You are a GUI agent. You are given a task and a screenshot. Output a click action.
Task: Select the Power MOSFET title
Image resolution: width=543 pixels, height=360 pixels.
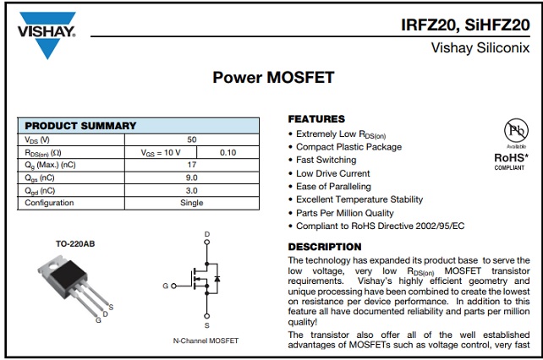pos(273,78)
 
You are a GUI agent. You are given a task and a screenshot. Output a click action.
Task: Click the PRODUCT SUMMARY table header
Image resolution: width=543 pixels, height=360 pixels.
pos(80,126)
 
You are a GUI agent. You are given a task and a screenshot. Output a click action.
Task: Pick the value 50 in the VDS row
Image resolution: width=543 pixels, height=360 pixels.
pos(192,139)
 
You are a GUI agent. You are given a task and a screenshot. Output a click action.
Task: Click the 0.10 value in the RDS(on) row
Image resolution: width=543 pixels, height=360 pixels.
pos(228,152)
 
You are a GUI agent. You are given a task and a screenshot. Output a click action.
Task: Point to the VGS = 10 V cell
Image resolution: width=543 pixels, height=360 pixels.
pos(161,152)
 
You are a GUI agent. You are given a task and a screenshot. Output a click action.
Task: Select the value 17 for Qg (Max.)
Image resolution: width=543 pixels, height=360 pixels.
pos(192,165)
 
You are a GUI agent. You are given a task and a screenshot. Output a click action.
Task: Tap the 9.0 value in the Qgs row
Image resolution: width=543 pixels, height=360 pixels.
pos(192,177)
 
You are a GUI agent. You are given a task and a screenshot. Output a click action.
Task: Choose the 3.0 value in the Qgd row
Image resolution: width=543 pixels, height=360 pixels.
pos(192,190)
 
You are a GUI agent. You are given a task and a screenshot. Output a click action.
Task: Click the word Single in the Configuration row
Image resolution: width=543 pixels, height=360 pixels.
pos(192,203)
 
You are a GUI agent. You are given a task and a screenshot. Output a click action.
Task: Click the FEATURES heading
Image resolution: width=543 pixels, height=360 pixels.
pos(316,119)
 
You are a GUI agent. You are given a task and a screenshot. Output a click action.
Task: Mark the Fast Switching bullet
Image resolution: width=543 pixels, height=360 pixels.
pos(326,160)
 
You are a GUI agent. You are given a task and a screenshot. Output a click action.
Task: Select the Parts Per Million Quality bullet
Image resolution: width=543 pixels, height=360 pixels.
pos(344,213)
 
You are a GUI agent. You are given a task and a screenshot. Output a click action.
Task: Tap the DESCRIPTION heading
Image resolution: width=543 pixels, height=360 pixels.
pos(325,247)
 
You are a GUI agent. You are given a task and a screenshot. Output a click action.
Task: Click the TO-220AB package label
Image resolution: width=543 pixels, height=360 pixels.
pos(75,244)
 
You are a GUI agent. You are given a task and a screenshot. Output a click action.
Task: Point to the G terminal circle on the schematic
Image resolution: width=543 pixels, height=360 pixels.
pos(174,286)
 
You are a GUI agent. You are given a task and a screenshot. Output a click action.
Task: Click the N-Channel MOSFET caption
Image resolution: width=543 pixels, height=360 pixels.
pos(206,341)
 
